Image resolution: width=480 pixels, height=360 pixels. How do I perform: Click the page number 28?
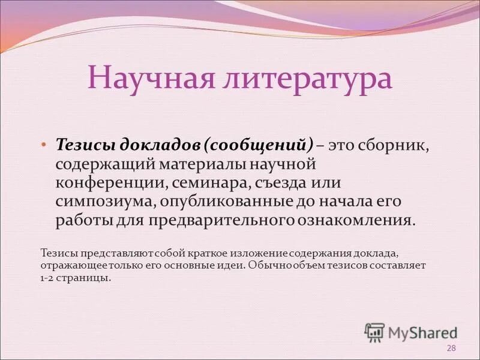tap(451, 349)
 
